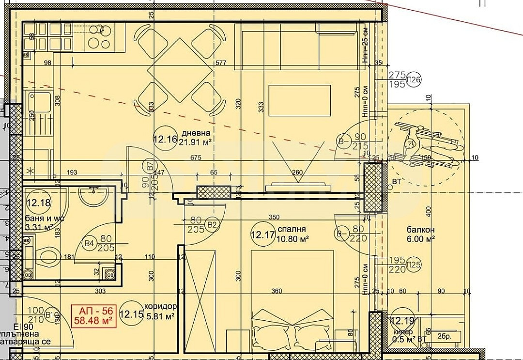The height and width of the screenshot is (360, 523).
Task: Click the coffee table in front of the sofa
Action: point(299,100)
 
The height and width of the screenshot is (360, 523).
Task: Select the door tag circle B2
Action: point(212,225)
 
